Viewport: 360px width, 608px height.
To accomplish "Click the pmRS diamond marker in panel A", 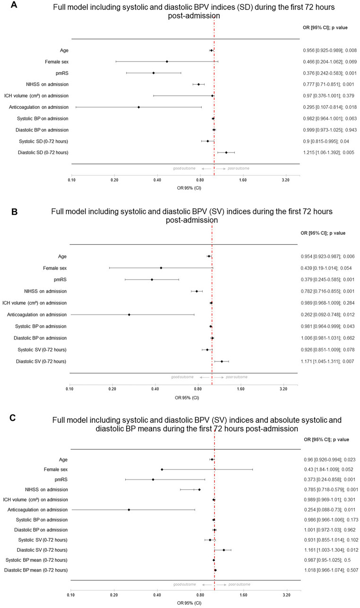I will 154,73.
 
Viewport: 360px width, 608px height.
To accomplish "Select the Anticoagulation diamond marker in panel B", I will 129,315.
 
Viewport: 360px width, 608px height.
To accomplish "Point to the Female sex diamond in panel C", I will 162,469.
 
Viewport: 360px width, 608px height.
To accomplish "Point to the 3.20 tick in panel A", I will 285,180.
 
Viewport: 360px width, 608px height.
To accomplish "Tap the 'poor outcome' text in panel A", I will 236,168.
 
